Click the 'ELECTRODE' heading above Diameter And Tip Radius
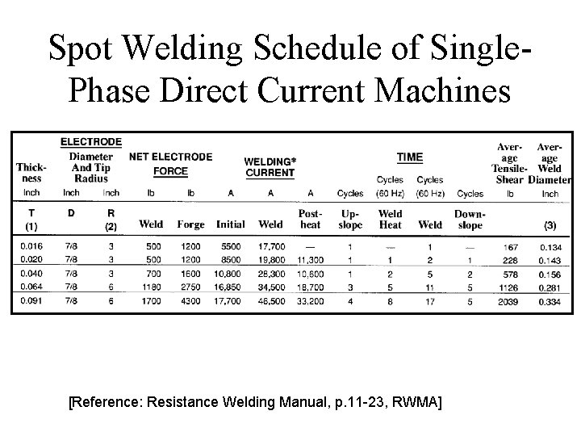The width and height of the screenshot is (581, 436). point(91,142)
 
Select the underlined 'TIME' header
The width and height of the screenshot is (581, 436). point(410,157)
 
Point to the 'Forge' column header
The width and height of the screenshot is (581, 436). point(191,224)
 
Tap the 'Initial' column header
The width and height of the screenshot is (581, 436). point(232,224)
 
